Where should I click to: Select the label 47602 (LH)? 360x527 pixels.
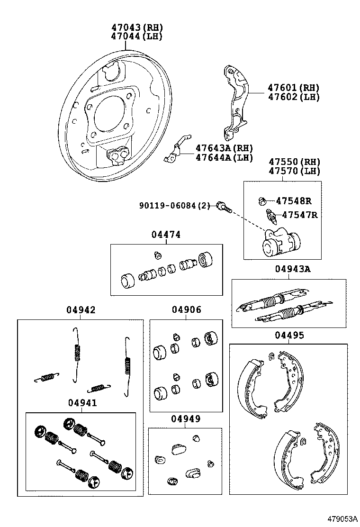tap(293, 97)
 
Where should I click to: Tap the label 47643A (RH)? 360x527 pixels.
tap(224, 148)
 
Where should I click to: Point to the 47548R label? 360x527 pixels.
tap(294, 200)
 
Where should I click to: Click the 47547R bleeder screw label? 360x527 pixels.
tap(299, 215)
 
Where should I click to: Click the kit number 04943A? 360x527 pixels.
tap(292, 269)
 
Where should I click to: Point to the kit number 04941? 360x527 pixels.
tap(82, 403)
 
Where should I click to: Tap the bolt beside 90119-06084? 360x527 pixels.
tap(223, 206)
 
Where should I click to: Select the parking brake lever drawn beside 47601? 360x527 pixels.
tap(235, 102)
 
